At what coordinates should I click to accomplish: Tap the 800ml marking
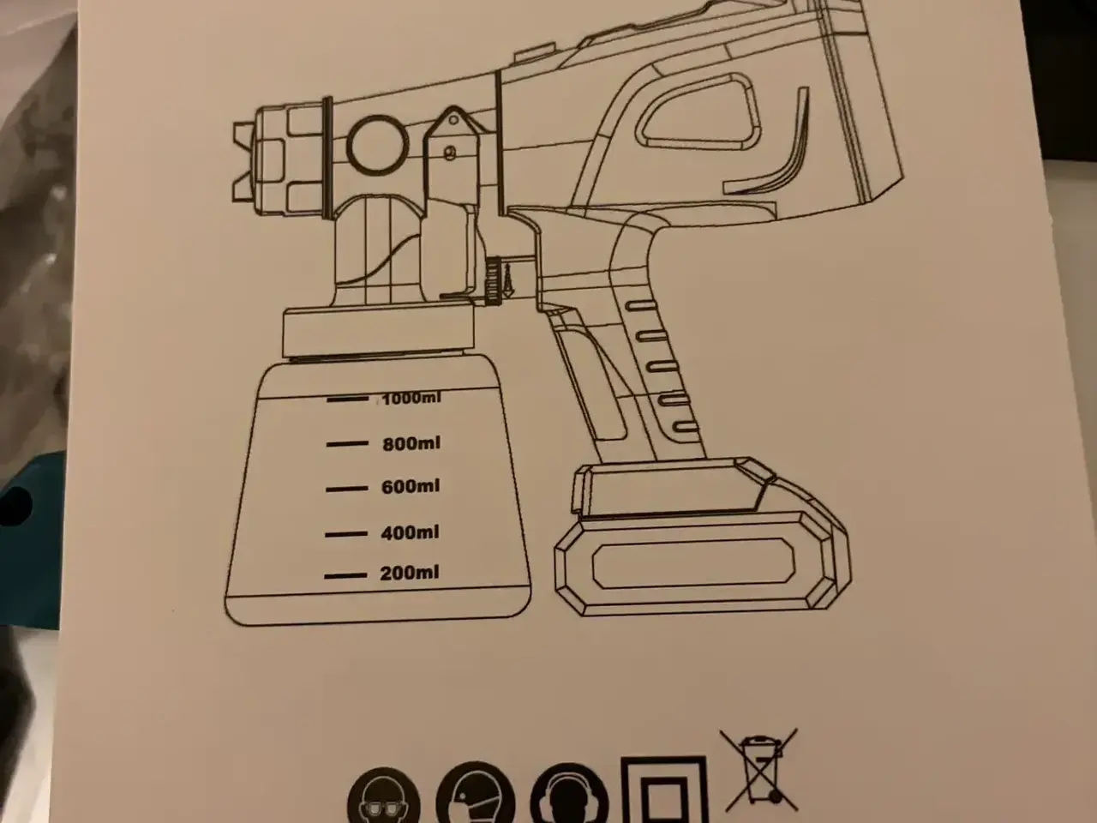tap(411, 444)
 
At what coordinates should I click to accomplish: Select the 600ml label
tap(411, 487)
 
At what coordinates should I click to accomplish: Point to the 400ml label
tap(410, 532)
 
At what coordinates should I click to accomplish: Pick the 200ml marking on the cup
tap(410, 573)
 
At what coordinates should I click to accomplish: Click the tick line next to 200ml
tap(345, 575)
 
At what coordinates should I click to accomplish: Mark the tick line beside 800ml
tap(347, 443)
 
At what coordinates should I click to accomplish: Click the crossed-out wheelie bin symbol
tap(758, 770)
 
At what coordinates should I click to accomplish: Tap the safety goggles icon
tap(384, 796)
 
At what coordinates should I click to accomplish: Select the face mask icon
tap(475, 794)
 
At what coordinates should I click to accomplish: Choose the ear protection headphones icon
tap(569, 795)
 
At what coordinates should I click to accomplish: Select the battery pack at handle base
tap(702, 541)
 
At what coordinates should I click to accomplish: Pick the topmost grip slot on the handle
tap(641, 305)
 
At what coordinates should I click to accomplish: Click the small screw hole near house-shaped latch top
tap(453, 120)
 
